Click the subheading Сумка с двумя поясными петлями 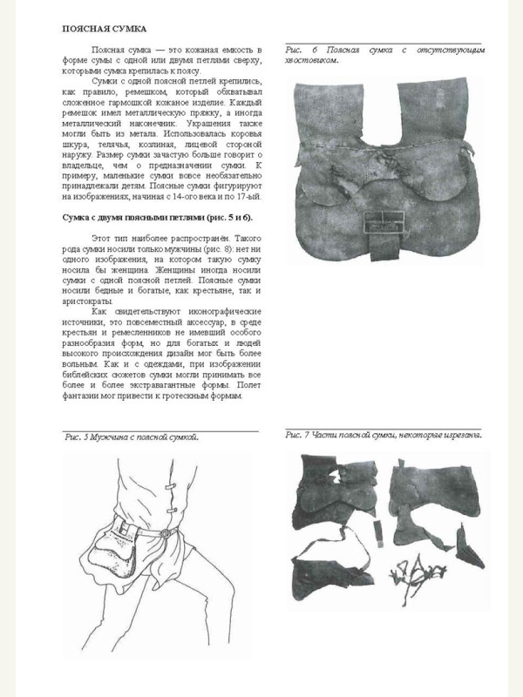(157, 215)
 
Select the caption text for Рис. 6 (384, 55)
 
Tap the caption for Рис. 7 (384, 434)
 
